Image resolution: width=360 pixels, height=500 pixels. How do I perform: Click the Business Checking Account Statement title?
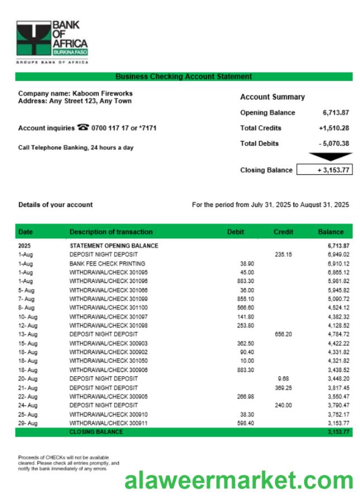tap(183, 77)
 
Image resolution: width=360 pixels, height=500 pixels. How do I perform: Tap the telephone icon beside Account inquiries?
tap(83, 128)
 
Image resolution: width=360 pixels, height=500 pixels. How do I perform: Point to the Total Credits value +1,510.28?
tap(334, 128)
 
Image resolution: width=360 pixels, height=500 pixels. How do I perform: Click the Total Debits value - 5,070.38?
tap(334, 144)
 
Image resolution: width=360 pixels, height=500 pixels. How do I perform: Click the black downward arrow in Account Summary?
tap(330, 157)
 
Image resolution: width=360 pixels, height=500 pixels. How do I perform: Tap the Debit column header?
tap(235, 232)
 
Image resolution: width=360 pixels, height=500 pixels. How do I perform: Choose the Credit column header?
tap(283, 232)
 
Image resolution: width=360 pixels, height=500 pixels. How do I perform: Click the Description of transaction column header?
tap(111, 232)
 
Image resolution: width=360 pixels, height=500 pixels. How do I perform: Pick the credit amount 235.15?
tap(284, 254)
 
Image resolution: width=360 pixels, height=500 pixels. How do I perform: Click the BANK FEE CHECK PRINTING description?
tap(107, 263)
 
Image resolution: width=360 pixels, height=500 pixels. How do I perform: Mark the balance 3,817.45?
tap(339, 388)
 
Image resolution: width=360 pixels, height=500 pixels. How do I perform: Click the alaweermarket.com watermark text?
tap(239, 480)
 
